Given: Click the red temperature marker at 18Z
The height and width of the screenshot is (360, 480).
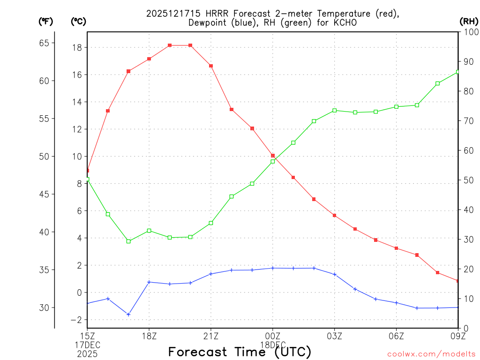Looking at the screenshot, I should pyautogui.click(x=149, y=59).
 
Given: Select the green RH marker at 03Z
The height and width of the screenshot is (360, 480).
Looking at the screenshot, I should pyautogui.click(x=335, y=111).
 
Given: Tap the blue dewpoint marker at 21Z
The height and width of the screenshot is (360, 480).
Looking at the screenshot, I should pyautogui.click(x=211, y=274).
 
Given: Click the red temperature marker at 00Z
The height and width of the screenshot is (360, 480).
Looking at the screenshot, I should pyautogui.click(x=273, y=156).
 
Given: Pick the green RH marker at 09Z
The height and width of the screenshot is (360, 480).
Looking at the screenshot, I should pyautogui.click(x=457, y=72).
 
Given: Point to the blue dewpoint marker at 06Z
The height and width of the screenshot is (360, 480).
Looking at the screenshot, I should pyautogui.click(x=397, y=303).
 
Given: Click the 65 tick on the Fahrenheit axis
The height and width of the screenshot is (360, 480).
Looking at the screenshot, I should pyautogui.click(x=44, y=43).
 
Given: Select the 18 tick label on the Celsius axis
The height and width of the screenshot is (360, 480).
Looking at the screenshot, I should pyautogui.click(x=78, y=47).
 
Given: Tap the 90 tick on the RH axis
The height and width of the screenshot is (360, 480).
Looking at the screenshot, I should pyautogui.click(x=468, y=61).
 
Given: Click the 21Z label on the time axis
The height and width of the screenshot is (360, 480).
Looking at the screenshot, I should pyautogui.click(x=211, y=336).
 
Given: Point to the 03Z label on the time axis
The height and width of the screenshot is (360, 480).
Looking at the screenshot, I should pyautogui.click(x=335, y=336).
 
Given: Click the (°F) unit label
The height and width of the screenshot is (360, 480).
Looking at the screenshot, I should pyautogui.click(x=45, y=21).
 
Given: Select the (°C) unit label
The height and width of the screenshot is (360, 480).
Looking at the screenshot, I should pyautogui.click(x=78, y=21).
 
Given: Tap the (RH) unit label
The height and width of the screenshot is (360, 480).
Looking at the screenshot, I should pyautogui.click(x=468, y=21).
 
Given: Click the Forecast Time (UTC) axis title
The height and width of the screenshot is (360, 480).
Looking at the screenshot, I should pyautogui.click(x=240, y=352).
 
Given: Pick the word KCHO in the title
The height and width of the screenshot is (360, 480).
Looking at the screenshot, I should pyautogui.click(x=350, y=22).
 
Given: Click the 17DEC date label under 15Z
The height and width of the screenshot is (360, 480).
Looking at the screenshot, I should pyautogui.click(x=88, y=345).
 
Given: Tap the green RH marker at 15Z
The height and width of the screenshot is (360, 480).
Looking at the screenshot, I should pyautogui.click(x=87, y=180).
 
